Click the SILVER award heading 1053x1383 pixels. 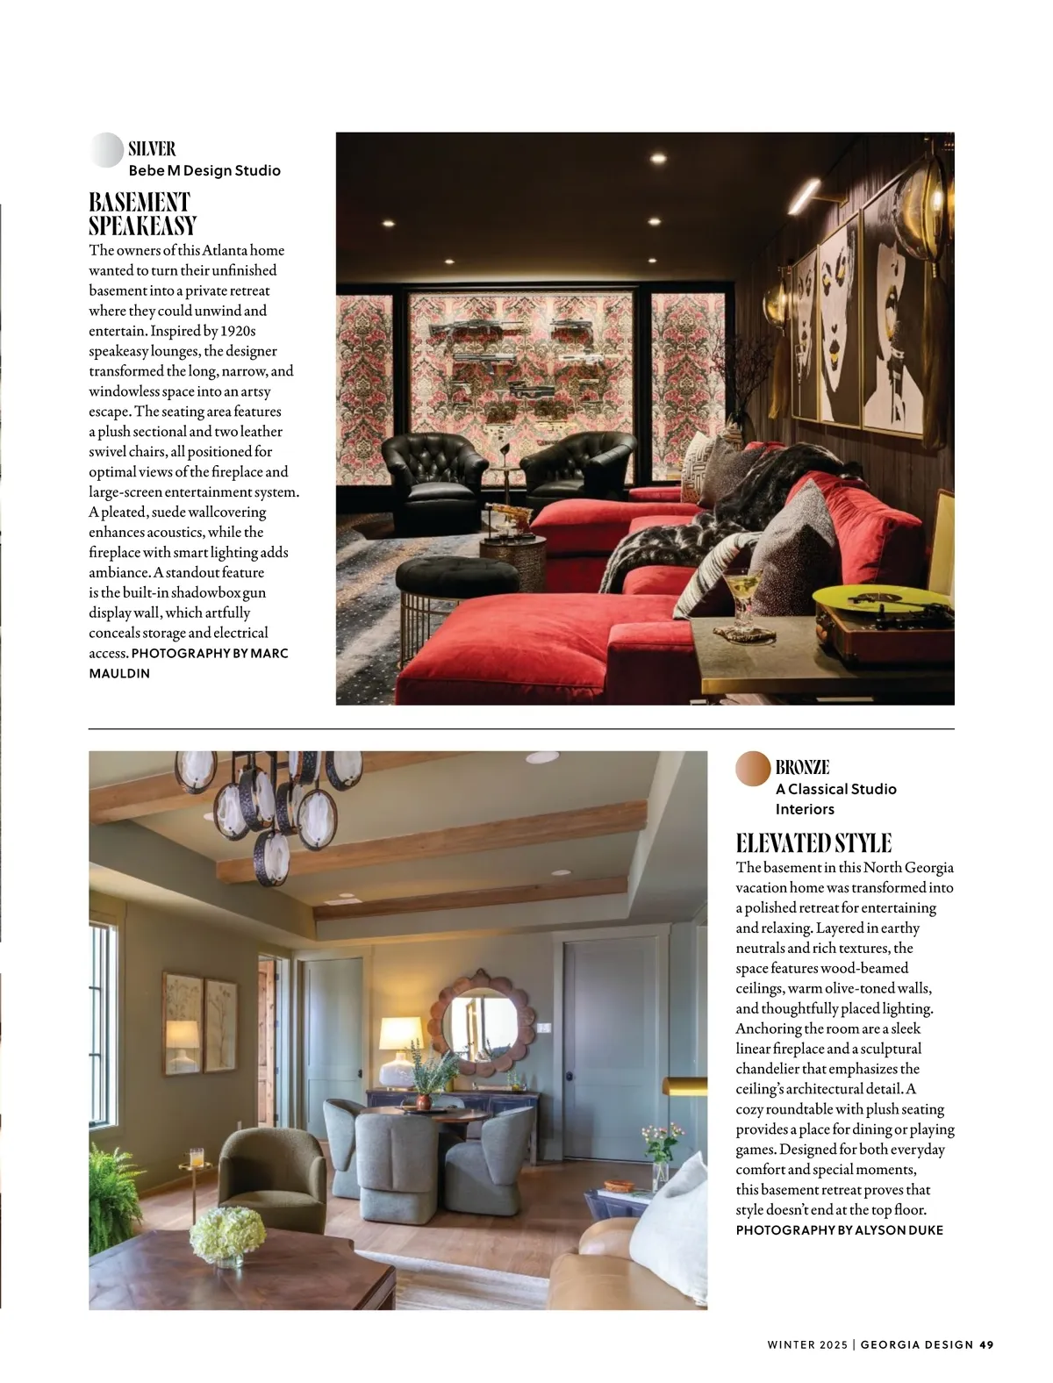[152, 148]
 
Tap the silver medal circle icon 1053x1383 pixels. [106, 150]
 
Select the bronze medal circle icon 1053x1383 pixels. [753, 769]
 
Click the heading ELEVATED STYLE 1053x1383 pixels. [813, 843]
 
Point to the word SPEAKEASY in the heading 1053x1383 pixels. [142, 226]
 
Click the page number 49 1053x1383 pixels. [986, 1344]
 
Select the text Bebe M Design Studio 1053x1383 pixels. [204, 170]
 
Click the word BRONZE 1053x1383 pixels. [802, 767]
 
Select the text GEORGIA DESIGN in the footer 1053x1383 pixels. [917, 1344]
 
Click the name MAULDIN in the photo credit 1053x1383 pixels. [119, 673]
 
